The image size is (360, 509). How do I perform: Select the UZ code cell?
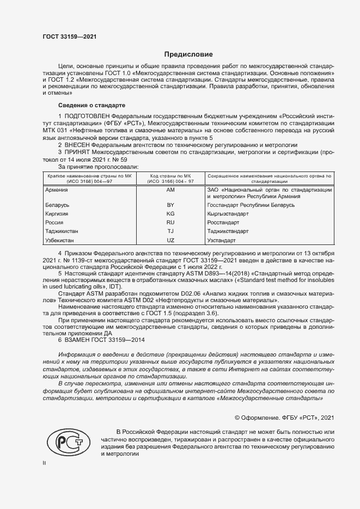click(x=170, y=240)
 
